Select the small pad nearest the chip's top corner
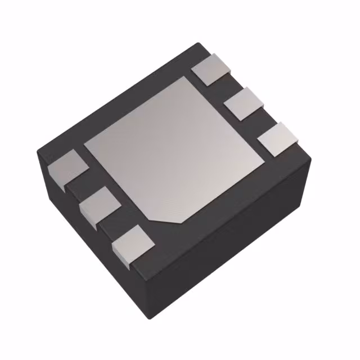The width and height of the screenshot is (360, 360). point(211,69)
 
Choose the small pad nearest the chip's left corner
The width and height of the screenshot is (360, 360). point(67,168)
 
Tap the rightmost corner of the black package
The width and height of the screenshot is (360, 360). point(311,159)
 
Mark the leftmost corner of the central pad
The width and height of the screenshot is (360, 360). point(84,147)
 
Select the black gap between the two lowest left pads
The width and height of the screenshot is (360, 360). point(116,225)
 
